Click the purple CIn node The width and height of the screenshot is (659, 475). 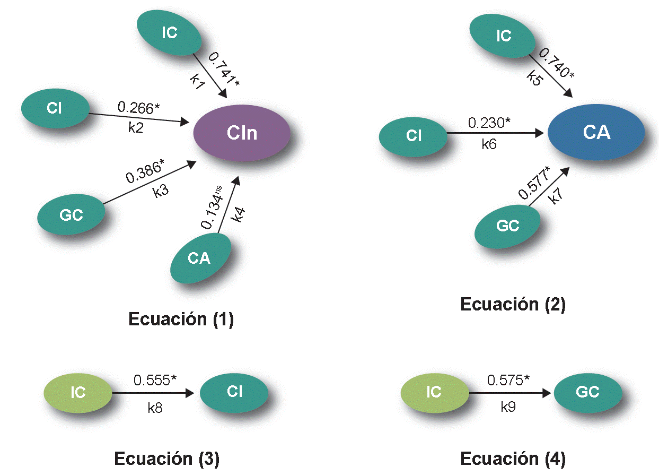click(x=242, y=132)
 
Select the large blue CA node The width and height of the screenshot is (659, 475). click(x=596, y=132)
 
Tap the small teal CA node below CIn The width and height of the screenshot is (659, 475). click(x=199, y=258)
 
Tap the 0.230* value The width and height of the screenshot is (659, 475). click(x=489, y=123)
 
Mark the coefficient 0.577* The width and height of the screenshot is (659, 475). click(x=534, y=183)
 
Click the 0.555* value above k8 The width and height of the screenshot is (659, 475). click(x=155, y=380)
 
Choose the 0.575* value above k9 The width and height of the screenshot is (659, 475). click(x=508, y=380)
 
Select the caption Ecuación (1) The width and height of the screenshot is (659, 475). click(x=181, y=319)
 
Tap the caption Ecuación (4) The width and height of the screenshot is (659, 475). click(x=513, y=458)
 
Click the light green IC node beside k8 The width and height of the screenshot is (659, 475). click(x=78, y=393)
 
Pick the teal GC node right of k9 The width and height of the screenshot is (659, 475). click(x=587, y=392)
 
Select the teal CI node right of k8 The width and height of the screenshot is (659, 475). click(x=234, y=392)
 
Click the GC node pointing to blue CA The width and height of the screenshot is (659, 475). click(x=507, y=226)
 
